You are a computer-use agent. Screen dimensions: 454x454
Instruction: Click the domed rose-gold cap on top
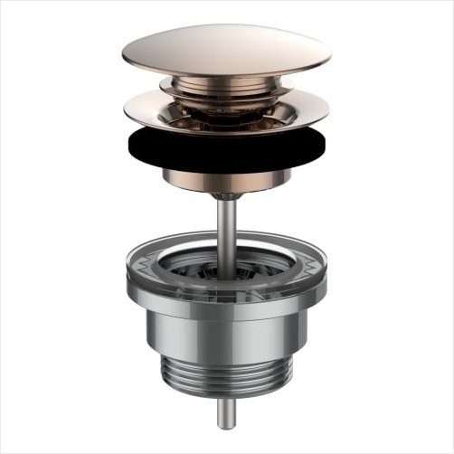(226, 50)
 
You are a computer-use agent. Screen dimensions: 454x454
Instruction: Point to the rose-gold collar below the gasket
(226, 179)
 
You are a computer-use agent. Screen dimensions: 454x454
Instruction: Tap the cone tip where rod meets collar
(226, 194)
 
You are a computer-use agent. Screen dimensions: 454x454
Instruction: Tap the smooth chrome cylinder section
(226, 330)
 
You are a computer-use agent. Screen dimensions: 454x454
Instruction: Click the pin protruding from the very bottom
(226, 411)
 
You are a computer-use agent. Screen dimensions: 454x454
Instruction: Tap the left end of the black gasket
(130, 143)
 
